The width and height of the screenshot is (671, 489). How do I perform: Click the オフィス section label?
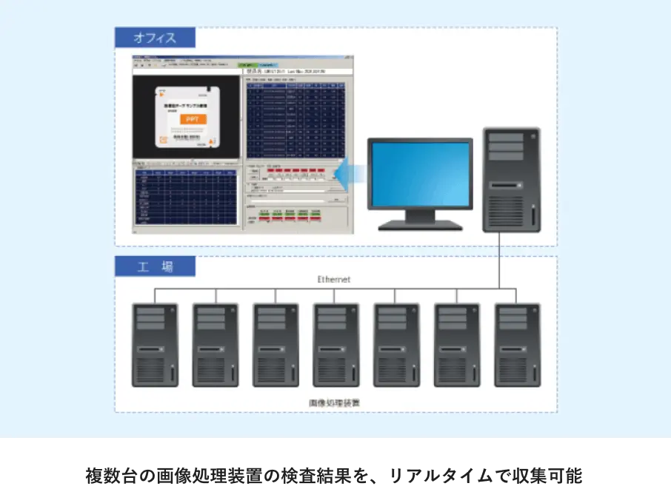click(x=155, y=38)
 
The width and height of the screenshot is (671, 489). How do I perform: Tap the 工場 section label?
click(x=155, y=266)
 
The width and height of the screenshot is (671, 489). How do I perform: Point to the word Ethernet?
click(x=333, y=280)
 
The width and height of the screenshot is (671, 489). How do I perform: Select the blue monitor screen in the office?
click(x=421, y=175)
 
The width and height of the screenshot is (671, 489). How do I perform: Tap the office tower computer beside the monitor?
click(x=510, y=180)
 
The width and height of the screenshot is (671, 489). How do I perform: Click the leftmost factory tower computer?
click(x=155, y=344)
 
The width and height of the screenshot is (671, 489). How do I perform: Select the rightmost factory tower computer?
click(x=517, y=344)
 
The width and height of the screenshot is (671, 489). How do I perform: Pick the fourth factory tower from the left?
click(x=336, y=344)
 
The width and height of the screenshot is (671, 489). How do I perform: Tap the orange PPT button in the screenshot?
click(x=192, y=118)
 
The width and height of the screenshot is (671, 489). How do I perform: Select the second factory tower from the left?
click(x=216, y=344)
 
